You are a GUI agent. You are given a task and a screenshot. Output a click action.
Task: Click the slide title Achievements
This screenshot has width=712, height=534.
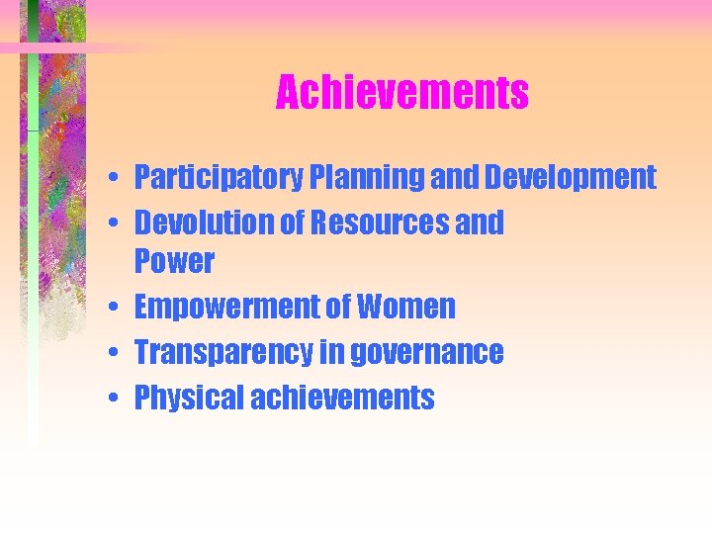tap(401, 93)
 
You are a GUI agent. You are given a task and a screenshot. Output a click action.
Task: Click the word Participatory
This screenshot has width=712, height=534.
tap(219, 178)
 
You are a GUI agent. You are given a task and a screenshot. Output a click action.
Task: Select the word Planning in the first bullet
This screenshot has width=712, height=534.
tap(368, 178)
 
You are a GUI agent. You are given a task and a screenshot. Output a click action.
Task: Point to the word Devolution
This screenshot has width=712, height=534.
tap(203, 222)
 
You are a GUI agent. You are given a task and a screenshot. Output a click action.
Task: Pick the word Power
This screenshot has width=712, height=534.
tap(174, 261)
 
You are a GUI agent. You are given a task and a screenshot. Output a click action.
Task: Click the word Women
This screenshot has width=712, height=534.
tap(406, 307)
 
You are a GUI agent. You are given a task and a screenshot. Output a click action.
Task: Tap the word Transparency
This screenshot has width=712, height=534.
tap(226, 352)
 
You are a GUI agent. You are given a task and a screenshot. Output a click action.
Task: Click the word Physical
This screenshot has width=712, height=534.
tap(188, 398)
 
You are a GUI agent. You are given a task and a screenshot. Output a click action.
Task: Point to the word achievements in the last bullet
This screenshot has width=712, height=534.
tap(342, 398)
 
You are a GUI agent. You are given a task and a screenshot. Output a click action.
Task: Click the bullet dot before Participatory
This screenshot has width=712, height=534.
tap(116, 179)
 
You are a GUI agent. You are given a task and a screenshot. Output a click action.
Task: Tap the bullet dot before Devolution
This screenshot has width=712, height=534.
tap(116, 223)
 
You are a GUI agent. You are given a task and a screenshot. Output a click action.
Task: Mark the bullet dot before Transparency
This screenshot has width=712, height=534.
tap(116, 353)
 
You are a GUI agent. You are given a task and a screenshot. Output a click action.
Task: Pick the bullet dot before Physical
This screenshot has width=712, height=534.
tap(116, 399)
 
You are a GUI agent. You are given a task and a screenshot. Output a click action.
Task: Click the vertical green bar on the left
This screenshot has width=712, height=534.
tap(33, 247)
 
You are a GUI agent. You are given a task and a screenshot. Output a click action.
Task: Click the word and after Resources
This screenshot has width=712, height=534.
tap(479, 222)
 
